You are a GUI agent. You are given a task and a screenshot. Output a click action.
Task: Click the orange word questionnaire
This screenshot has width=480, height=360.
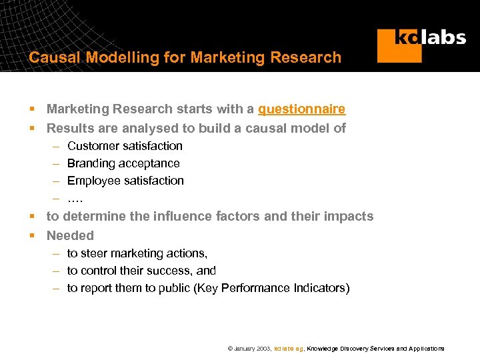(x=301, y=109)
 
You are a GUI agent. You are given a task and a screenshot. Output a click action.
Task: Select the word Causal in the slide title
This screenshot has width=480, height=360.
(x=54, y=58)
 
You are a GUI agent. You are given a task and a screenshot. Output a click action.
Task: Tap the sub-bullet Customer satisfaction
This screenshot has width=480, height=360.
(x=125, y=146)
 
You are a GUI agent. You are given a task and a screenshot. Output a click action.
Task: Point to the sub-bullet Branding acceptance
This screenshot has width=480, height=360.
(x=123, y=163)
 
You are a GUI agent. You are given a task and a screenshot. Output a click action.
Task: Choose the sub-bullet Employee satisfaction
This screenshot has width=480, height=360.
(x=125, y=181)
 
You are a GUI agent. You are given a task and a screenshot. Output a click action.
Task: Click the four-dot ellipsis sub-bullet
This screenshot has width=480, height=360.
(x=75, y=198)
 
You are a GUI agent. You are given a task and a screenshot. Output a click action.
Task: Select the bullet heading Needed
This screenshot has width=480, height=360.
(x=70, y=235)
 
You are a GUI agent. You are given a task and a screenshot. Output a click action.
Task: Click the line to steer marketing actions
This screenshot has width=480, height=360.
(x=137, y=253)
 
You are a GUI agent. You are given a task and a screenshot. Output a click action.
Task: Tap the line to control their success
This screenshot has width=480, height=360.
(x=141, y=271)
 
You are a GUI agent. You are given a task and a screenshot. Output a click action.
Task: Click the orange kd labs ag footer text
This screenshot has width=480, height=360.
(x=289, y=349)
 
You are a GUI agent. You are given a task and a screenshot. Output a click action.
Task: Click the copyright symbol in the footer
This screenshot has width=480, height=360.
(x=230, y=349)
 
